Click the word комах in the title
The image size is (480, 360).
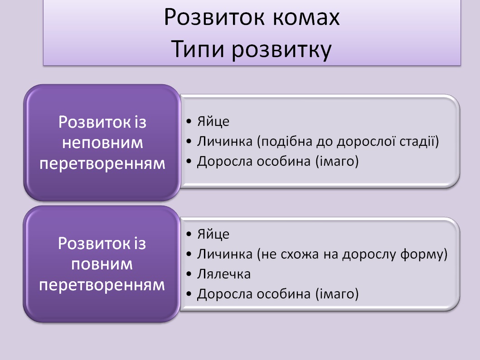tap(306, 18)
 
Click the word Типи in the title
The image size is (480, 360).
tap(198, 49)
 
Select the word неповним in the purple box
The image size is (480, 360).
tap(102, 143)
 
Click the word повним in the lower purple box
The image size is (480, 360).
tap(102, 264)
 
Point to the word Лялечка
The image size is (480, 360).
tap(224, 274)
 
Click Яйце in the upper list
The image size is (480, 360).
tap(213, 121)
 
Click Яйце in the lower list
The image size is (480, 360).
tap(213, 234)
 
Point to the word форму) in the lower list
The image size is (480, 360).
tap(424, 254)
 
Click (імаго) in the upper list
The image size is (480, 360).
tap(337, 161)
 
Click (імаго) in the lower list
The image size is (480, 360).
tap(337, 294)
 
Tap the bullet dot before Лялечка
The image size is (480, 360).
tap(189, 274)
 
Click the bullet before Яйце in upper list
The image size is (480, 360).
tap(189, 121)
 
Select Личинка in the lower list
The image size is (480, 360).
tap(225, 254)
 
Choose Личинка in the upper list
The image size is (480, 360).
tap(225, 141)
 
